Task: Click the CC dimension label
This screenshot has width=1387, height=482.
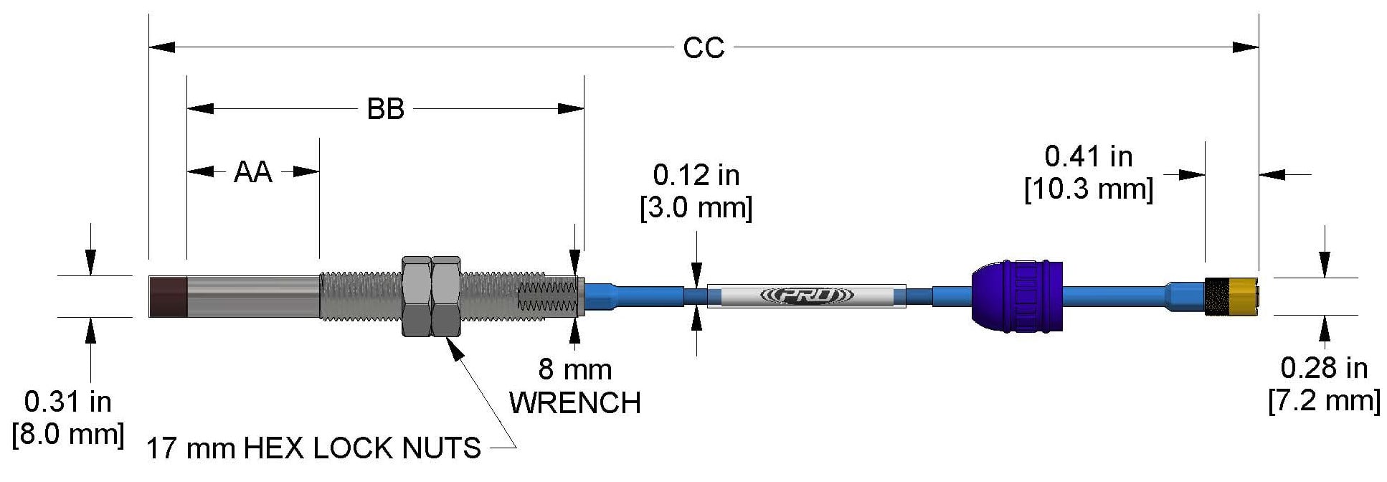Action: pos(703,48)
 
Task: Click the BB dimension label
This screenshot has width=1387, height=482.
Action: pos(385,109)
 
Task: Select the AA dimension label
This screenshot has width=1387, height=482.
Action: pos(252,172)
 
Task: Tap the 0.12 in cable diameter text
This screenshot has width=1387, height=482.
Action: pos(695,175)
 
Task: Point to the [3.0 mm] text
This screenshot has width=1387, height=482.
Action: pos(695,208)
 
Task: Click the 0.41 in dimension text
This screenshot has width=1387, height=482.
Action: pos(1087,156)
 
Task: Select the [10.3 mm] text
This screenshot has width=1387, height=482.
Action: pos(1087,189)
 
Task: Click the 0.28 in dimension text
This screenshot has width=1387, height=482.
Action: pos(1323,368)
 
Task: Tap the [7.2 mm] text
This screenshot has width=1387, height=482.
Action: pos(1323,401)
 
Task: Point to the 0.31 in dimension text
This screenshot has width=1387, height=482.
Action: pos(67,402)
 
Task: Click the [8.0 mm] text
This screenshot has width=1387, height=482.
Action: pos(67,435)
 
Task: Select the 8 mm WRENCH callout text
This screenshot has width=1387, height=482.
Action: pos(574,387)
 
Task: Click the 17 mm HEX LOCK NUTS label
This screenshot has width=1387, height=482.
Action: pos(313,448)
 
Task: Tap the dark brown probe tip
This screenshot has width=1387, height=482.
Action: pos(167,296)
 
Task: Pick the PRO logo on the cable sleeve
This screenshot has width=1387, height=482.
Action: pos(806,296)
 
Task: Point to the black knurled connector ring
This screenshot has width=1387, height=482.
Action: pos(1216,296)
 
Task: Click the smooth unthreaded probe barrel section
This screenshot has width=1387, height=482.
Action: pos(252,296)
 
